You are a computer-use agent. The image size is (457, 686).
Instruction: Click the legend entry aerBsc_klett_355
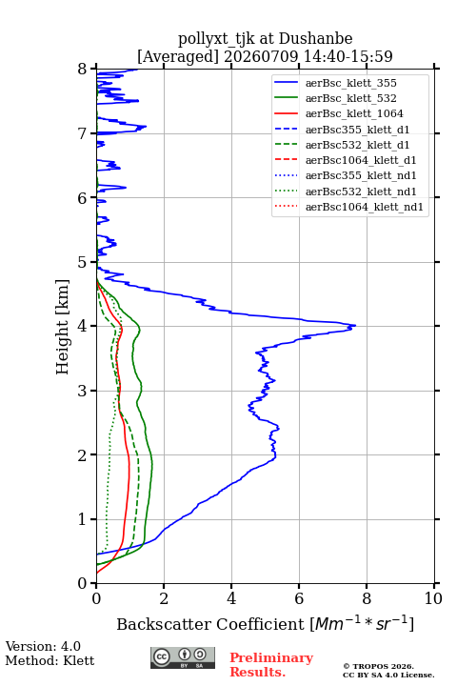point(350,83)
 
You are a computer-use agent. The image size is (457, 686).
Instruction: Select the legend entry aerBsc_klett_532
point(350,98)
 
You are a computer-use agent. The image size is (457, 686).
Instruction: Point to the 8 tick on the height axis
point(93,69)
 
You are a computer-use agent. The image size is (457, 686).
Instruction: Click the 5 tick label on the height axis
point(82,263)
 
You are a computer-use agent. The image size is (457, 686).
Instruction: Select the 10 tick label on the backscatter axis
point(433,598)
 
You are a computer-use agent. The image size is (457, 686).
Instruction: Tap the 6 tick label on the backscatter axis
point(299,598)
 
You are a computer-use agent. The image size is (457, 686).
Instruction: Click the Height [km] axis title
point(63,327)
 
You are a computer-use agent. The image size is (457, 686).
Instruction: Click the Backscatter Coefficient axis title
point(265,623)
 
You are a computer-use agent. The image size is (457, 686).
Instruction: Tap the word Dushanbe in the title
point(315,39)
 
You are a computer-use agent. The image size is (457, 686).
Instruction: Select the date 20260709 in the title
point(261,56)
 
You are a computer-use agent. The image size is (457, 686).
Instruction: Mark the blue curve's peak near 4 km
point(355,326)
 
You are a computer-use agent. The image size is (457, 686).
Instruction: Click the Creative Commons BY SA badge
point(183,657)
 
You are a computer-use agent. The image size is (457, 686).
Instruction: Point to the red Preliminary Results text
point(271,665)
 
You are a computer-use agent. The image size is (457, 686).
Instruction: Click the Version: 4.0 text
point(43,646)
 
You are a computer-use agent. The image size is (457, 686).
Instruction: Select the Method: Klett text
point(50,660)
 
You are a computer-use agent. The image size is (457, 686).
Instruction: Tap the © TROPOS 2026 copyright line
point(379,666)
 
